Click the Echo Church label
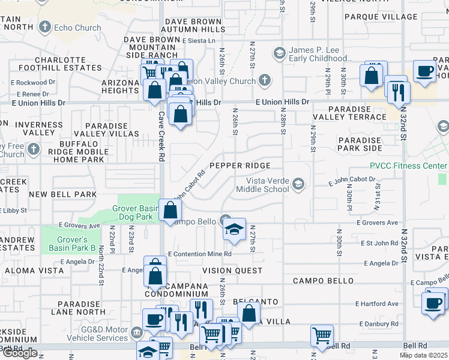click(x=77, y=28)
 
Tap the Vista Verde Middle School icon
click(x=298, y=184)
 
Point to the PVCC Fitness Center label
click(x=408, y=166)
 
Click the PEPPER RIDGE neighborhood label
click(x=240, y=165)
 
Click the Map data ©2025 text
click(x=423, y=355)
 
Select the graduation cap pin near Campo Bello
click(x=234, y=230)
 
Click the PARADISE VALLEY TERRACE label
click(x=349, y=117)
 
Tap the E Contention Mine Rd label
click(x=199, y=254)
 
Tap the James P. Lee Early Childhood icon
click(x=279, y=54)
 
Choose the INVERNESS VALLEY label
click(x=39, y=128)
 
